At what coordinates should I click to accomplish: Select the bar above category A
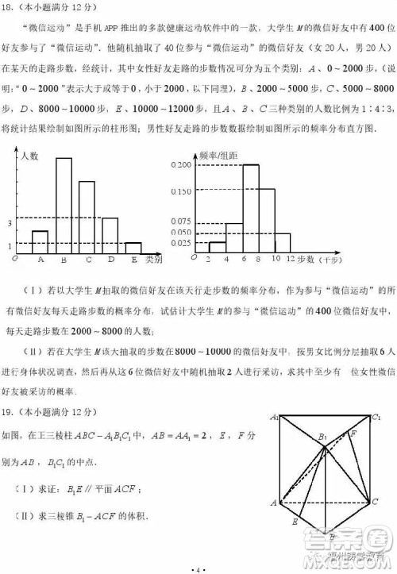(x=40, y=241)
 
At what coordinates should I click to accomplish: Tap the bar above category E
(x=133, y=247)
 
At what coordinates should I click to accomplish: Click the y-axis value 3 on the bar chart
(x=10, y=224)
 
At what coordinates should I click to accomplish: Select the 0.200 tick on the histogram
(x=182, y=164)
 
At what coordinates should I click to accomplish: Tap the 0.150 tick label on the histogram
(x=182, y=191)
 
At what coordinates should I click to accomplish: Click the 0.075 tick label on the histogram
(x=182, y=222)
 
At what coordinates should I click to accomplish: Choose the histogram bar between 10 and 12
(x=282, y=242)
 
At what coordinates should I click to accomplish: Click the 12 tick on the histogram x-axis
(x=291, y=259)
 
